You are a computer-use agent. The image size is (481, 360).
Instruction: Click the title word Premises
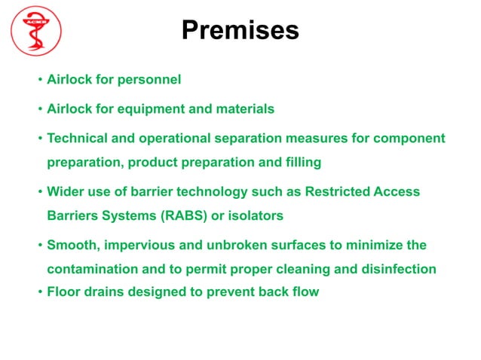(x=240, y=31)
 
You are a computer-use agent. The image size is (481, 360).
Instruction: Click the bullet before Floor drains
(x=39, y=292)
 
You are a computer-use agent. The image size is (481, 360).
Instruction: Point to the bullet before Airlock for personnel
(x=39, y=80)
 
